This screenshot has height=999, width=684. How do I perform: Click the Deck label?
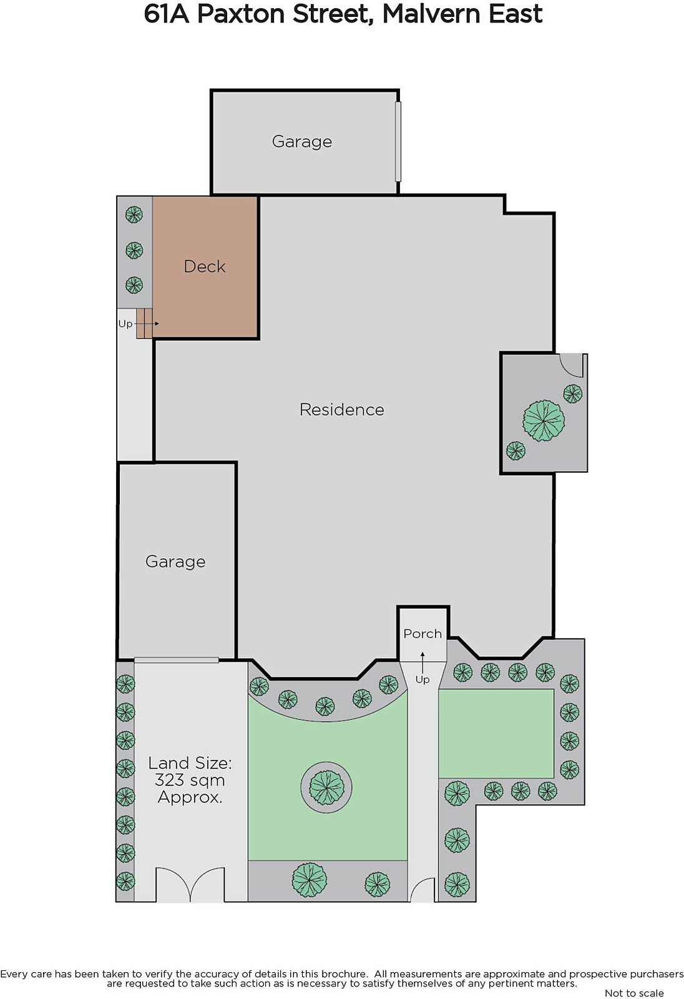(x=205, y=267)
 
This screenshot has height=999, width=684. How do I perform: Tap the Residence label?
(x=342, y=410)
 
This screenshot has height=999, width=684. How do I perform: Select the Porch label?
(x=423, y=634)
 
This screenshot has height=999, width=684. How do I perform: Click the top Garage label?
(x=302, y=142)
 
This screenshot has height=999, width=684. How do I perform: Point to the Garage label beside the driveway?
(x=175, y=562)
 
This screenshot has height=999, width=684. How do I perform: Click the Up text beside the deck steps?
(x=125, y=324)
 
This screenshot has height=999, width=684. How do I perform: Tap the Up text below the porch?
(x=423, y=680)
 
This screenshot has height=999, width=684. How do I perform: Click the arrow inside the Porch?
(x=423, y=661)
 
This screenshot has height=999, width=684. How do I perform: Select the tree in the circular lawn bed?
(x=326, y=787)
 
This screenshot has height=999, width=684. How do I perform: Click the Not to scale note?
(x=634, y=993)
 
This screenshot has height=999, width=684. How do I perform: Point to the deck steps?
(x=144, y=323)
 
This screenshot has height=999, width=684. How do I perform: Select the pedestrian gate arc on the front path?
(x=421, y=888)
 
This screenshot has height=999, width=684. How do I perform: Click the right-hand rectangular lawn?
(x=496, y=734)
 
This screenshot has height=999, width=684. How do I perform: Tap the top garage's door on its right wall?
(x=398, y=141)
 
